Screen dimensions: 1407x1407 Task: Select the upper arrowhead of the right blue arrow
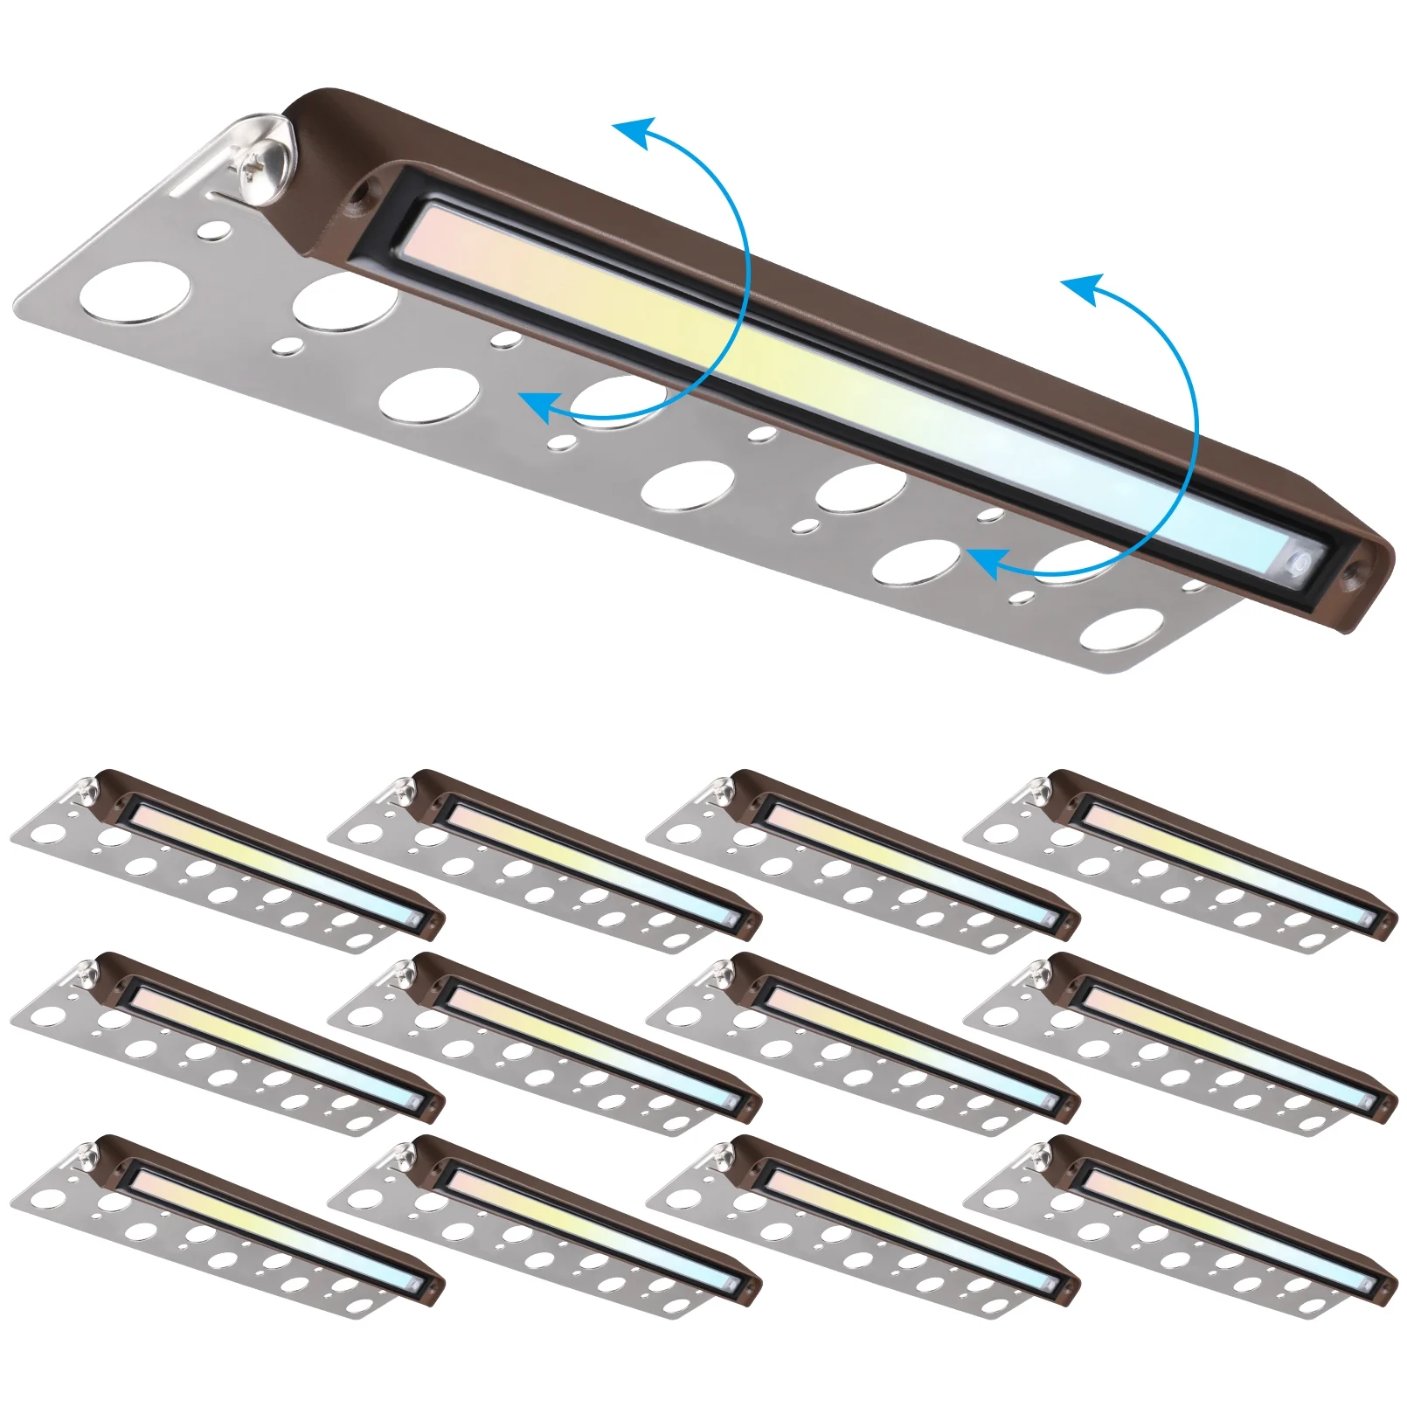[1082, 288]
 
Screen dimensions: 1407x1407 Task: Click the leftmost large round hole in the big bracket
[134, 289]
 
